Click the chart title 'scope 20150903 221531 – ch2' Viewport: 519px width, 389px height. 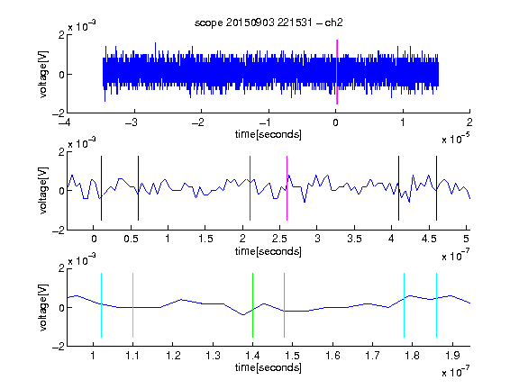pos(269,23)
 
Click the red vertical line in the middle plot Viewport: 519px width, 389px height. pos(250,188)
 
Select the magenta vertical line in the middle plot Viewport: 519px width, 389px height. pos(287,188)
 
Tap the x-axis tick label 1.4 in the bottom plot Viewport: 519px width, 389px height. pos(252,356)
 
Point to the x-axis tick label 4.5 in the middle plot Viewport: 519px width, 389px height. pos(429,239)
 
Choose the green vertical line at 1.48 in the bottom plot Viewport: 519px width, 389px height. pos(285,305)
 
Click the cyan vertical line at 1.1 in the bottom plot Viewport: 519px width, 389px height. pos(133,305)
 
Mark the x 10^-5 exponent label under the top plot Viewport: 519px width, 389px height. pos(456,139)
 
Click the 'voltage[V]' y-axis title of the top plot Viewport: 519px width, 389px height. pos(43,74)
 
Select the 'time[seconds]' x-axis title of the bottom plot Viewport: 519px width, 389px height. pos(269,367)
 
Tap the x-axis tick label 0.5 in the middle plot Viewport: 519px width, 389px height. pos(131,239)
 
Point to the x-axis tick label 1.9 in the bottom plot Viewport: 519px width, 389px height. pos(452,356)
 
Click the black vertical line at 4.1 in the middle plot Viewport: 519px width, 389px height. pos(398,188)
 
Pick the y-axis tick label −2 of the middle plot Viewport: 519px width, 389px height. pos(59,230)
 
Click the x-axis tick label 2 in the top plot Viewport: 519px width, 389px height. pos(469,122)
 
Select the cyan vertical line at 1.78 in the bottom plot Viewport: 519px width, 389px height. pos(405,305)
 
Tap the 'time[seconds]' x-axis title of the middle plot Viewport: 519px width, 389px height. pos(269,251)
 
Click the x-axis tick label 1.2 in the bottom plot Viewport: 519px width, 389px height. pos(173,356)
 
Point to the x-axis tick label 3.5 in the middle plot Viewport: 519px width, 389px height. pos(354,239)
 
